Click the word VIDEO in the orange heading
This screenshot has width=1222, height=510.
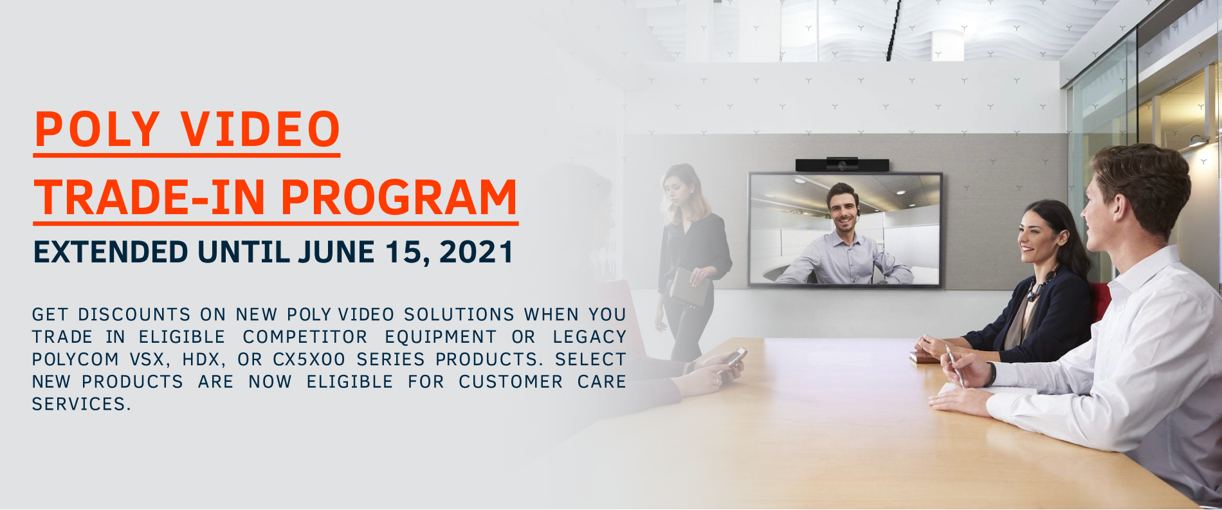(260, 129)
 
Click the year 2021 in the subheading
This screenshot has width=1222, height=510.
(476, 251)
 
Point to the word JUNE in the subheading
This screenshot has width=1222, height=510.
(336, 251)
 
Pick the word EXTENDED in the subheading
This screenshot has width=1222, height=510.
(111, 251)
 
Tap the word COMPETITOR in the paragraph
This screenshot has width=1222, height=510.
(305, 337)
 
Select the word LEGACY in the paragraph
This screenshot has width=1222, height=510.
(589, 337)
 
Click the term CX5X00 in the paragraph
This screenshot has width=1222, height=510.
(309, 360)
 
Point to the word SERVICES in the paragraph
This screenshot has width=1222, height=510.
(81, 405)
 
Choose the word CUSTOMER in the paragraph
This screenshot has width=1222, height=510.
(511, 382)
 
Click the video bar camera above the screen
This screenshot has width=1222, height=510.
(842, 165)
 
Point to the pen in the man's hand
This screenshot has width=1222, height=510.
(955, 365)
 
